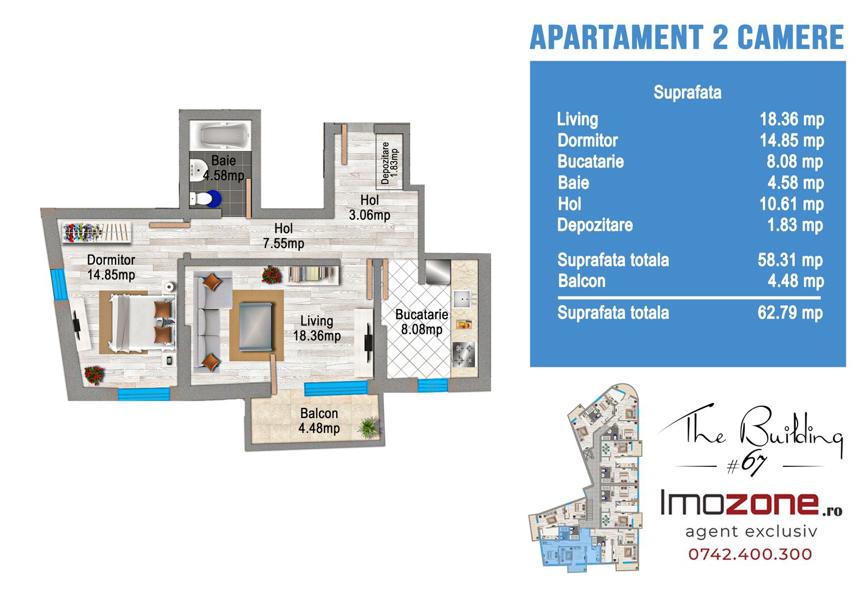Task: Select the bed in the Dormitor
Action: tap(143, 323)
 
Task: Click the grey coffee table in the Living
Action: tap(255, 327)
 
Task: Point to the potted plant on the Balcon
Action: tap(368, 428)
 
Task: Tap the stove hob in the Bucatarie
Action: tap(464, 354)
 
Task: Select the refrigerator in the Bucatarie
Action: tap(438, 272)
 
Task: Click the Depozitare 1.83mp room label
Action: tap(389, 163)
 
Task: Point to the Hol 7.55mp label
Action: tap(283, 236)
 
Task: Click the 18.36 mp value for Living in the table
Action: tap(791, 120)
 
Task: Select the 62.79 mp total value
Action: tap(790, 313)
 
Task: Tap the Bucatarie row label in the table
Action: tap(591, 162)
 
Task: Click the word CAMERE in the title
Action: tap(790, 37)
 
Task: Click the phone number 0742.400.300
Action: tap(750, 554)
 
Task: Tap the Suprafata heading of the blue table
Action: tap(688, 92)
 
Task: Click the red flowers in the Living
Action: tap(271, 275)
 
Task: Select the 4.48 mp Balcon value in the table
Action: tap(796, 281)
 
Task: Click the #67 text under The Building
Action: tap(746, 465)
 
